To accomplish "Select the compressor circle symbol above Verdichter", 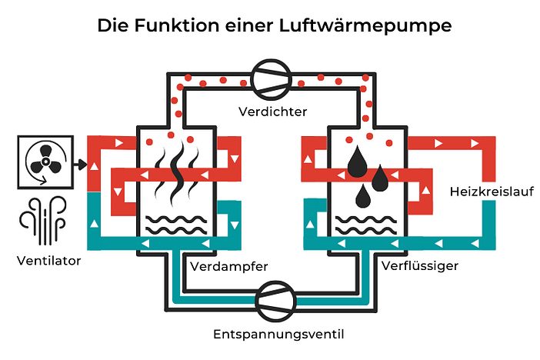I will click(x=270, y=78).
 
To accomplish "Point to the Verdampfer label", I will click(x=228, y=267).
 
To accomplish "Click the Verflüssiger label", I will click(x=420, y=267).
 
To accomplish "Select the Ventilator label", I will click(x=48, y=260).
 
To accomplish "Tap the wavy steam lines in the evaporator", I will click(x=172, y=172).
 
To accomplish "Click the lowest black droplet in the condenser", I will click(x=362, y=198).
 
